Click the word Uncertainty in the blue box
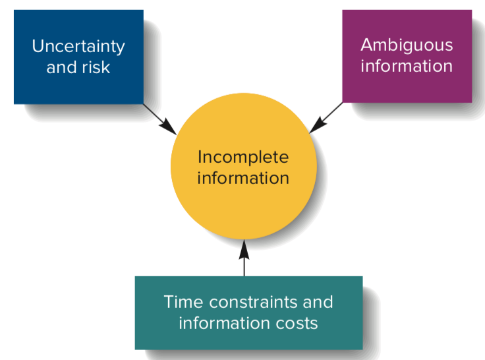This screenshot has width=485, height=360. click(x=78, y=47)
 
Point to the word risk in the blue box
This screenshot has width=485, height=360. click(x=96, y=67)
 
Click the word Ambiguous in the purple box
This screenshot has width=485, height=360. click(x=407, y=45)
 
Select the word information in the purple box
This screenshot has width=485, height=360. click(x=407, y=66)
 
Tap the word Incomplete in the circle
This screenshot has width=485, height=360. click(x=243, y=157)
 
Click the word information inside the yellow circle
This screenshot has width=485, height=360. click(x=243, y=178)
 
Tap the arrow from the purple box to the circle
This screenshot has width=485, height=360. click(x=326, y=117)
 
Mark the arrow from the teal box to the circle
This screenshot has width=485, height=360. click(x=244, y=260)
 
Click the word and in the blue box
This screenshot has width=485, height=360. click(x=61, y=67)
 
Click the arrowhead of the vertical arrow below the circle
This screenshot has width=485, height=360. click(x=244, y=248)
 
